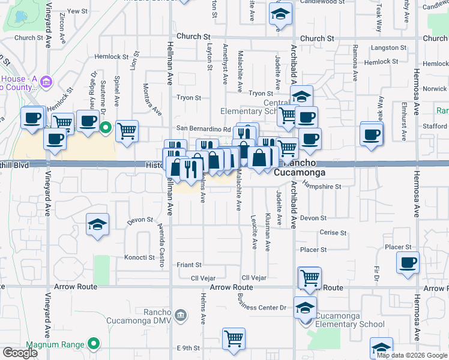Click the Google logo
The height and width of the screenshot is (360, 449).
(x=20, y=353)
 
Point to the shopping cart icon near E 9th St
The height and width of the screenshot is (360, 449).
(x=234, y=338)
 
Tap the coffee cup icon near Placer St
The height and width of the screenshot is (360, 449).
(x=408, y=262)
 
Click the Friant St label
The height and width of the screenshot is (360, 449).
(x=188, y=264)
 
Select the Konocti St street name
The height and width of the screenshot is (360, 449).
(x=139, y=257)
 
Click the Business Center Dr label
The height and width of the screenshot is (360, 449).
(x=270, y=308)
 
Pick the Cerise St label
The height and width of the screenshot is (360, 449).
(x=333, y=233)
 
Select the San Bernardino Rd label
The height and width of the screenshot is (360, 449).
(x=203, y=128)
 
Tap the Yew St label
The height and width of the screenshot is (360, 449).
(x=77, y=11)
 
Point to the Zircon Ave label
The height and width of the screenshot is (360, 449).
(x=63, y=31)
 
